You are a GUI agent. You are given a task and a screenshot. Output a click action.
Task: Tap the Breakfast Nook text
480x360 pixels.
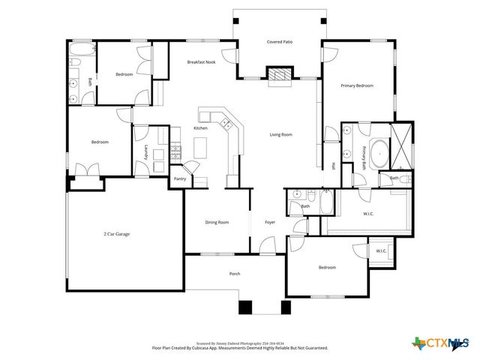pos(201,61)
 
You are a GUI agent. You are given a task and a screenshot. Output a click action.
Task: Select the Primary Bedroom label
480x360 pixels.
pos(357,86)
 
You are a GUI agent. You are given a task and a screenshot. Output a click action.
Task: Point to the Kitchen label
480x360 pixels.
pos(200,128)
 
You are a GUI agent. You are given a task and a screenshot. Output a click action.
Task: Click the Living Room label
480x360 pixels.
pos(280,135)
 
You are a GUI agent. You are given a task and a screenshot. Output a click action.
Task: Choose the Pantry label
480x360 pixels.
pos(180,178)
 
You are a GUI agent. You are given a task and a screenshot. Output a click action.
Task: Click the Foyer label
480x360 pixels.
pos(270,222)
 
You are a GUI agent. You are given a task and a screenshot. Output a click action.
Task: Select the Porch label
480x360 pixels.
pos(235,274)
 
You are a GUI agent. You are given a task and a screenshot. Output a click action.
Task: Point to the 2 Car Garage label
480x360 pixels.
pos(116,234)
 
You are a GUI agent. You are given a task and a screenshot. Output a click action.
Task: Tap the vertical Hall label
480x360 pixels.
pos(332,166)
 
